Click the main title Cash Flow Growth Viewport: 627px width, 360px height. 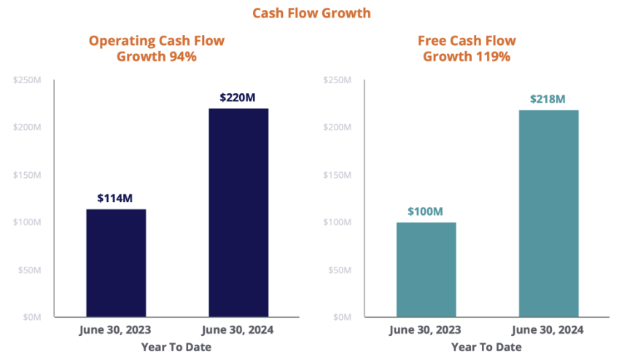tap(311, 13)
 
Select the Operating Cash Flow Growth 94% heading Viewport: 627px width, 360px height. tap(156, 48)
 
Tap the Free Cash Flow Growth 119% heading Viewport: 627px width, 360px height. tap(467, 48)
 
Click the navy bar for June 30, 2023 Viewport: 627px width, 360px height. tap(116, 263)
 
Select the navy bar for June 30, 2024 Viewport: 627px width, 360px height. tap(238, 213)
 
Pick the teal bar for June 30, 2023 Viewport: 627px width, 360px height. tap(426, 270)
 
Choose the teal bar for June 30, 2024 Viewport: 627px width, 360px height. tap(549, 214)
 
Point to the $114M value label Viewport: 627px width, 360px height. tap(115, 197)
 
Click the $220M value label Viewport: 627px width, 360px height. tap(238, 97)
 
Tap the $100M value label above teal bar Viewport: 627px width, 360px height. tap(426, 211)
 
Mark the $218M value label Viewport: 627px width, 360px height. tap(549, 98)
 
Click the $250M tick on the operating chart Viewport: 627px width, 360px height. tap(27, 79)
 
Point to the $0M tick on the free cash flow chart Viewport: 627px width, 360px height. tap(341, 317)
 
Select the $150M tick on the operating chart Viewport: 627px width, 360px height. tap(27, 175)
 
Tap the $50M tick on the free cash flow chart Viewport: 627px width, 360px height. tap(339, 270)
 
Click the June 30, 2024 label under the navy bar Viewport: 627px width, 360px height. tap(238, 330)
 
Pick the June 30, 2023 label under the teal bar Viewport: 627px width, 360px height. tap(426, 330)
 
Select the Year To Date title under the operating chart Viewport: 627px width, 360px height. tap(176, 347)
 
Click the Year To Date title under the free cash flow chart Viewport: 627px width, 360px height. tap(486, 347)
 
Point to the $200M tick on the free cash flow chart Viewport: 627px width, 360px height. tap(337, 128)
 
